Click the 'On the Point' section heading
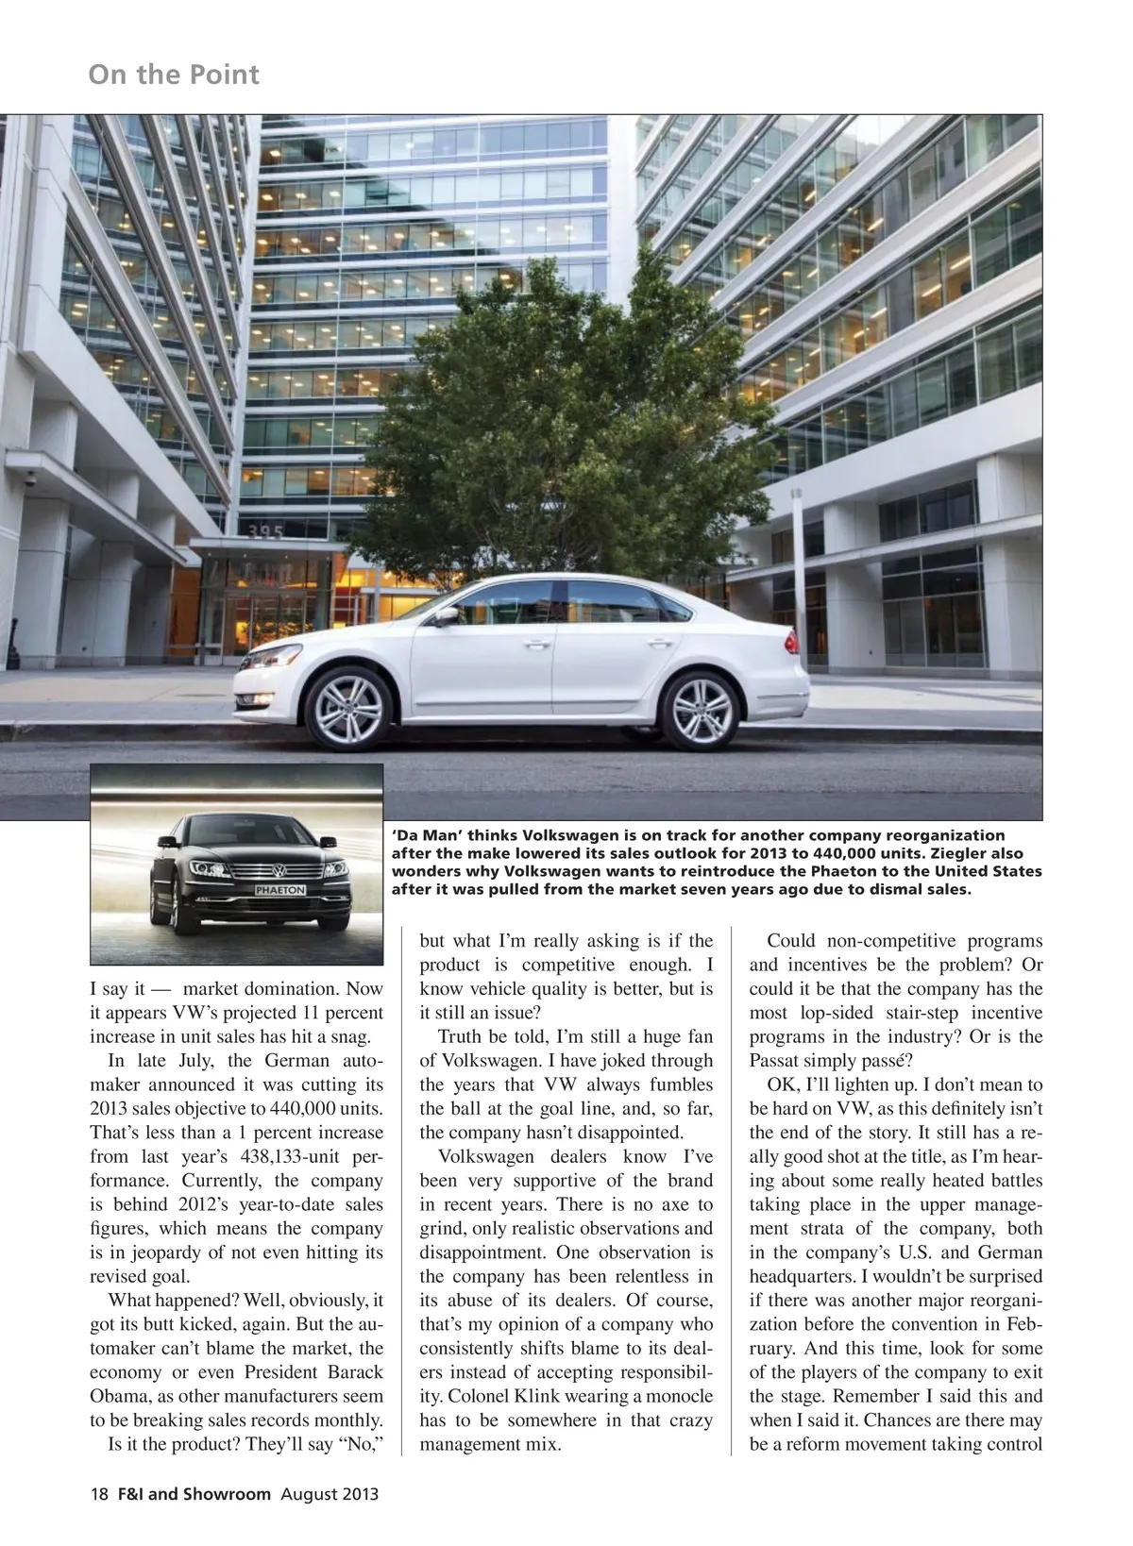174,74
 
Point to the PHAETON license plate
279,890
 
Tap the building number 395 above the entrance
267,531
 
